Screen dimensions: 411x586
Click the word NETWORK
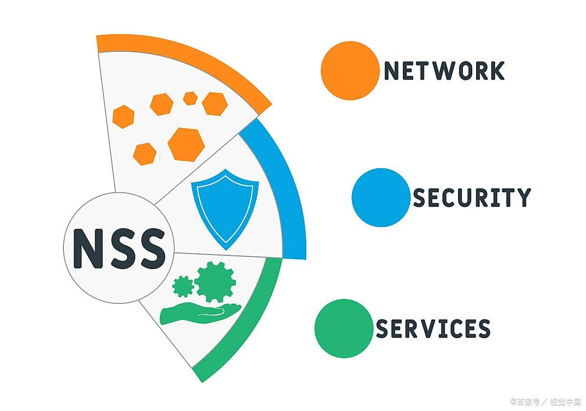point(444,71)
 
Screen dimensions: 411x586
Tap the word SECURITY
point(472,198)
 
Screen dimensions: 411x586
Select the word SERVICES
point(433,328)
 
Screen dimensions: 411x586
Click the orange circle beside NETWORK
point(350,70)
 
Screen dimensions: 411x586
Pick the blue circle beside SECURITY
point(381,197)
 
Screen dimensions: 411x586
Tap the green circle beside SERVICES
point(344,328)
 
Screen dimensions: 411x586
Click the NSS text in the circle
point(119,248)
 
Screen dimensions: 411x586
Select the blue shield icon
point(225,208)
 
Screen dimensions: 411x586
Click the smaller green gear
point(183,286)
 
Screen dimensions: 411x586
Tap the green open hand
point(200,313)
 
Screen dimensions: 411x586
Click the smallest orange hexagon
point(190,98)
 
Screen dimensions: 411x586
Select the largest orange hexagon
point(186,144)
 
